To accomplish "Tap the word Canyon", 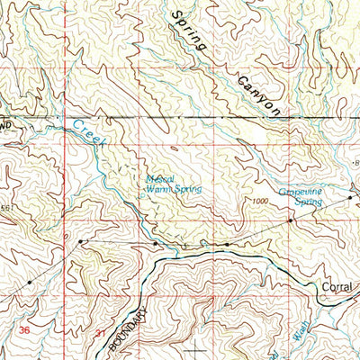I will [259, 94].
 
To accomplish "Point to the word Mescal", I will [164, 179].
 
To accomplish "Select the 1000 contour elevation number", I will [261, 202].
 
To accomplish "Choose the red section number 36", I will [24, 331].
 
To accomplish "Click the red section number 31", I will [97, 333].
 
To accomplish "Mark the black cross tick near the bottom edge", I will [195, 349].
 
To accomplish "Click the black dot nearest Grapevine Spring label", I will [350, 195].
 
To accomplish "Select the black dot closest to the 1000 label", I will [290, 220].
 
